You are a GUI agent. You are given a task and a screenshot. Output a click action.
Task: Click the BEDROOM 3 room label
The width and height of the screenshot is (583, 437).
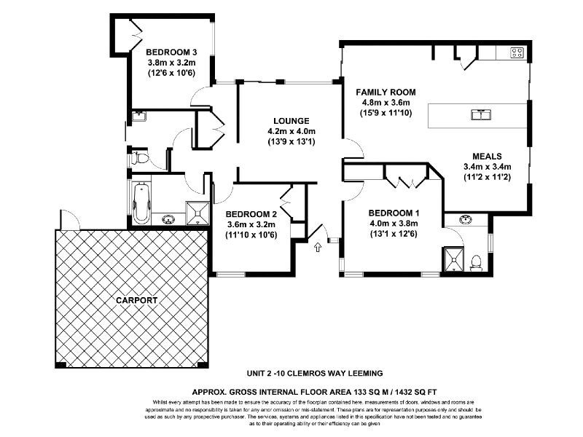pos(171,52)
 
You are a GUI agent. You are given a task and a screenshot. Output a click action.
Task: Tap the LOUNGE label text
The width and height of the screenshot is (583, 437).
pos(291,120)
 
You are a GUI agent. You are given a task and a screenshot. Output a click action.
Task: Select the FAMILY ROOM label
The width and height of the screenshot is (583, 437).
pos(386,92)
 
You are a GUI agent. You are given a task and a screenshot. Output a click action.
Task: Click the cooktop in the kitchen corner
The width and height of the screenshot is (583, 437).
pos(517,52)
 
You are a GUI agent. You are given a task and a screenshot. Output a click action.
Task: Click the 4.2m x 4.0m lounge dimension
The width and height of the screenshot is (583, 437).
pos(291,131)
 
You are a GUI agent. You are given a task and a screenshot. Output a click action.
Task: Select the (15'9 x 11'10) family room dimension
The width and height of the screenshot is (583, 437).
pos(386,114)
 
